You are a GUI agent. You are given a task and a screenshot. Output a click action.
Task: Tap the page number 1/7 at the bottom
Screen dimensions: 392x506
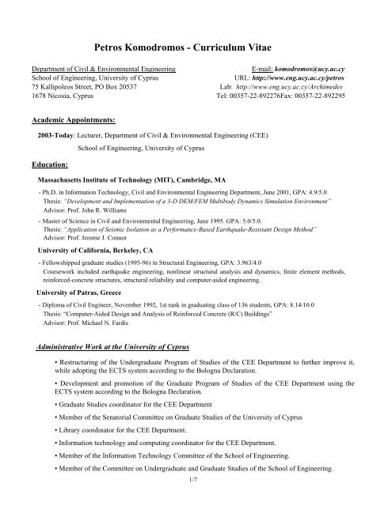(196, 479)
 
